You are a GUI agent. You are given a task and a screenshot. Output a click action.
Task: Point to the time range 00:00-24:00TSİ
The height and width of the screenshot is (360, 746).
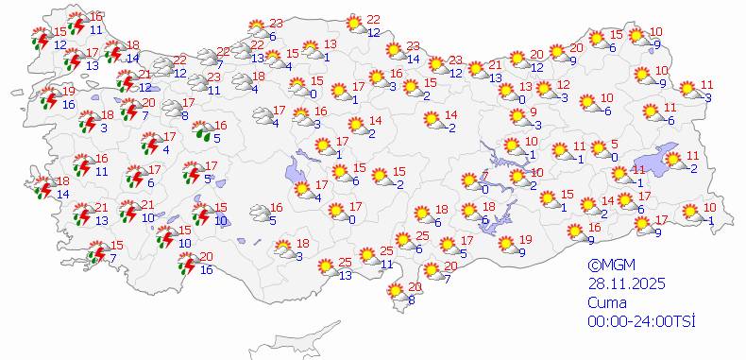coord(641,321)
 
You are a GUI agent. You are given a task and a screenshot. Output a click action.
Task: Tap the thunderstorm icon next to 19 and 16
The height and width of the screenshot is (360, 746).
coord(50,96)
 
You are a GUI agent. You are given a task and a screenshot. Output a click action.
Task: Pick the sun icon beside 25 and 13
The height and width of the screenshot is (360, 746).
coord(326,268)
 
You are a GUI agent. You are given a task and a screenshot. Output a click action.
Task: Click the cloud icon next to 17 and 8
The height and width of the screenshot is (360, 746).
coord(173,109)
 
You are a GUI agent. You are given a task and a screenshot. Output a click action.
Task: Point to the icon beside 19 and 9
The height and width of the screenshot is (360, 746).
coord(506,244)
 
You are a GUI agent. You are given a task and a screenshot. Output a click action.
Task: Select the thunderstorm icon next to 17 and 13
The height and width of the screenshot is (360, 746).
coord(74,59)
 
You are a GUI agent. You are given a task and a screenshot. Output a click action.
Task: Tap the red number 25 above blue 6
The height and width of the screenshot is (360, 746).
coord(423,235)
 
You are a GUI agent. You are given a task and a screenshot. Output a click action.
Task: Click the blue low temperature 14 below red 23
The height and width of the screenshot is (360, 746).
coord(413,60)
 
